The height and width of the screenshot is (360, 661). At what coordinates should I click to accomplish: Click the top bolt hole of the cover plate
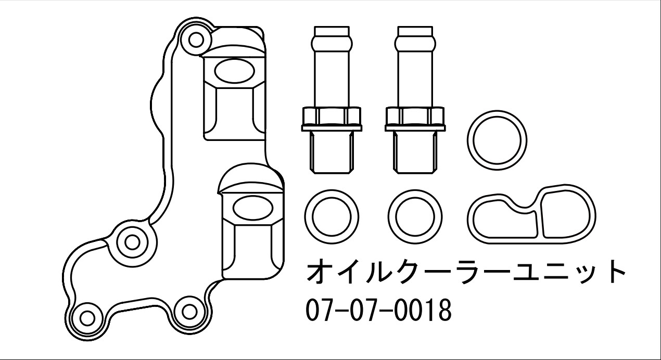tap(196, 40)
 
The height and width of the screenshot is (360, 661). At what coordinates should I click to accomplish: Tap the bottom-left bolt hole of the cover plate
tap(87, 318)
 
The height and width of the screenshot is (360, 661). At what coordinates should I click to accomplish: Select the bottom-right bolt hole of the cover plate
tap(189, 311)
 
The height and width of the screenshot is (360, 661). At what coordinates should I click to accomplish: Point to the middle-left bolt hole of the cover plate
tap(132, 243)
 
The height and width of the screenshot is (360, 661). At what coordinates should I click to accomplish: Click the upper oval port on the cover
tap(234, 71)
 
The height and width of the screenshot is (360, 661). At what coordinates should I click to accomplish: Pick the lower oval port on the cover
tap(253, 208)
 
